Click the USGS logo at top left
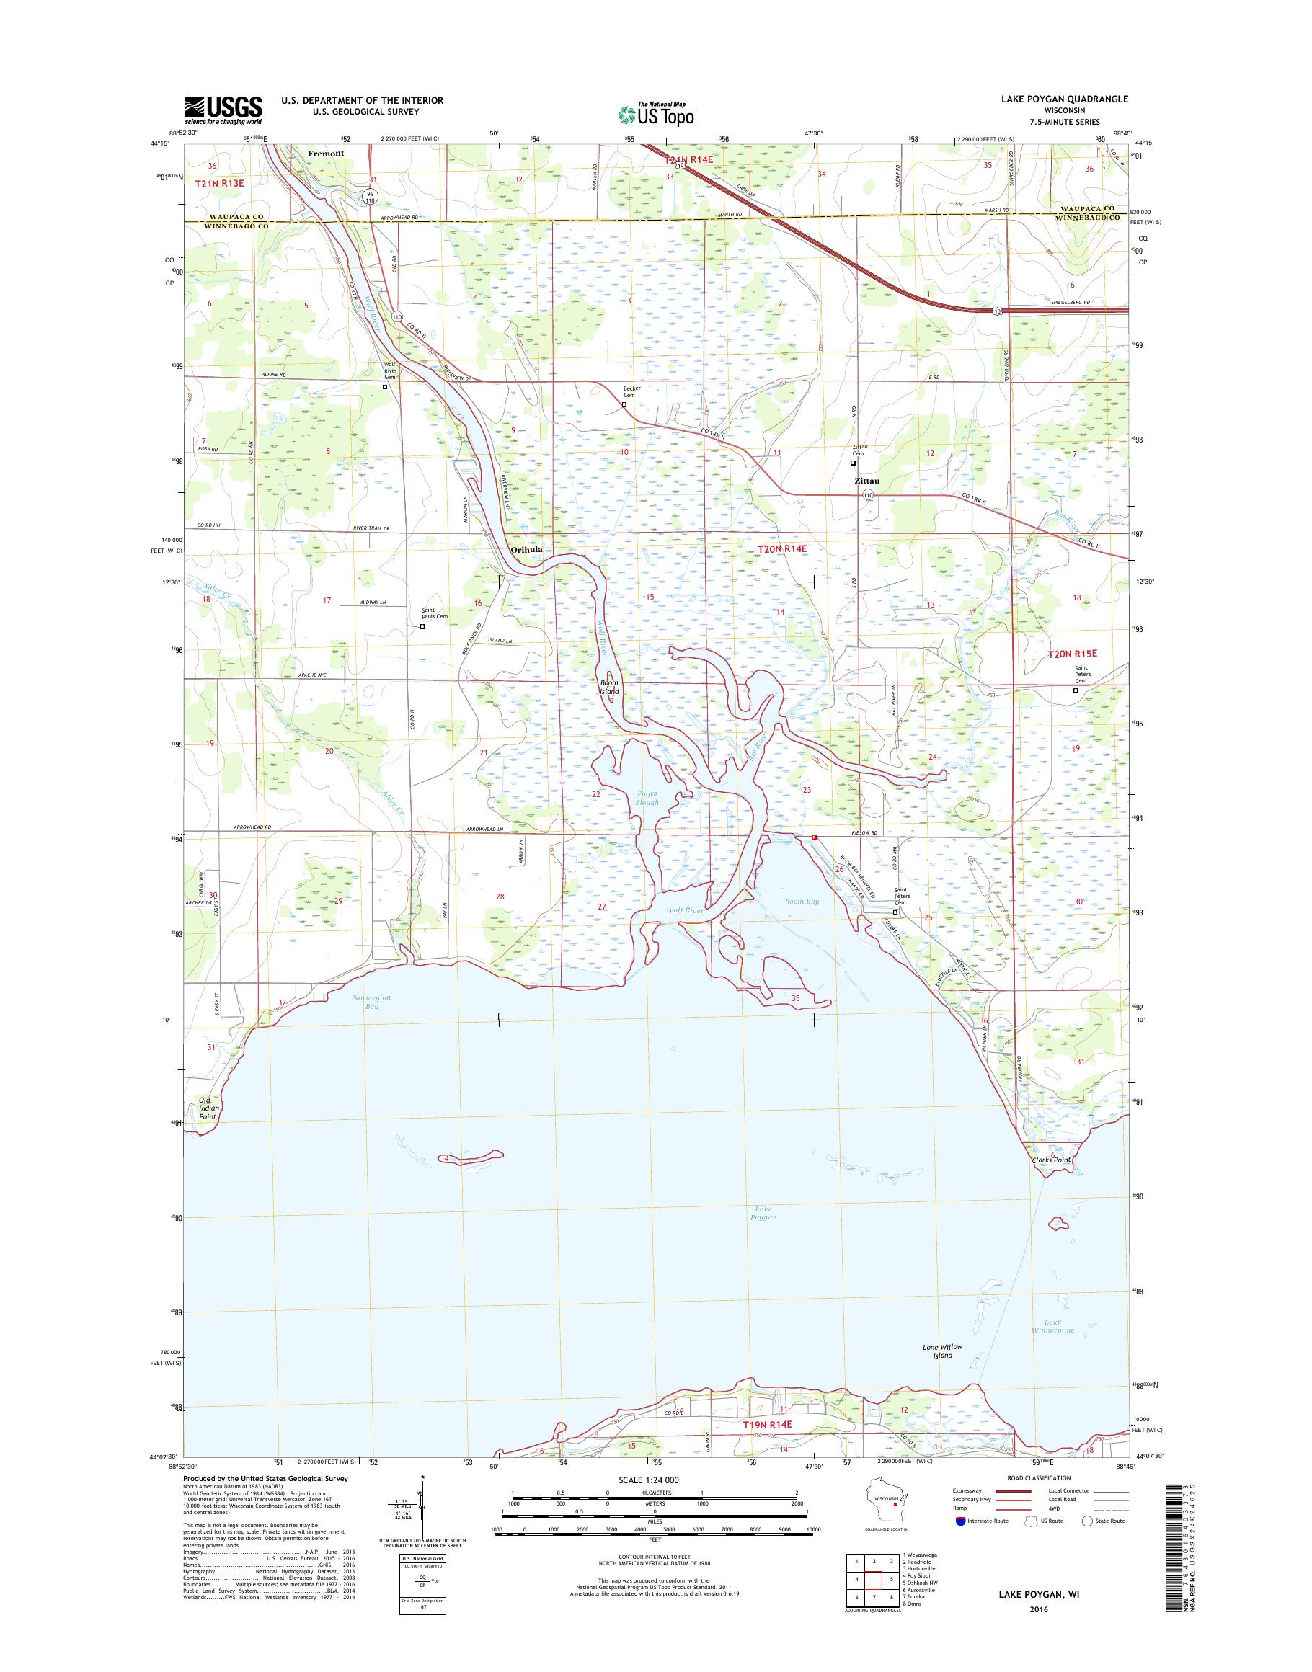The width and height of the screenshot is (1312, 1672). click(223, 110)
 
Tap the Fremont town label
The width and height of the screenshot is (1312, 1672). click(326, 153)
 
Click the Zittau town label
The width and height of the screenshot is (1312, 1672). click(866, 481)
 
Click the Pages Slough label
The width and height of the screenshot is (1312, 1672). click(647, 798)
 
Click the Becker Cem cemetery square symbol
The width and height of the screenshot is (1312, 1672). click(624, 404)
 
